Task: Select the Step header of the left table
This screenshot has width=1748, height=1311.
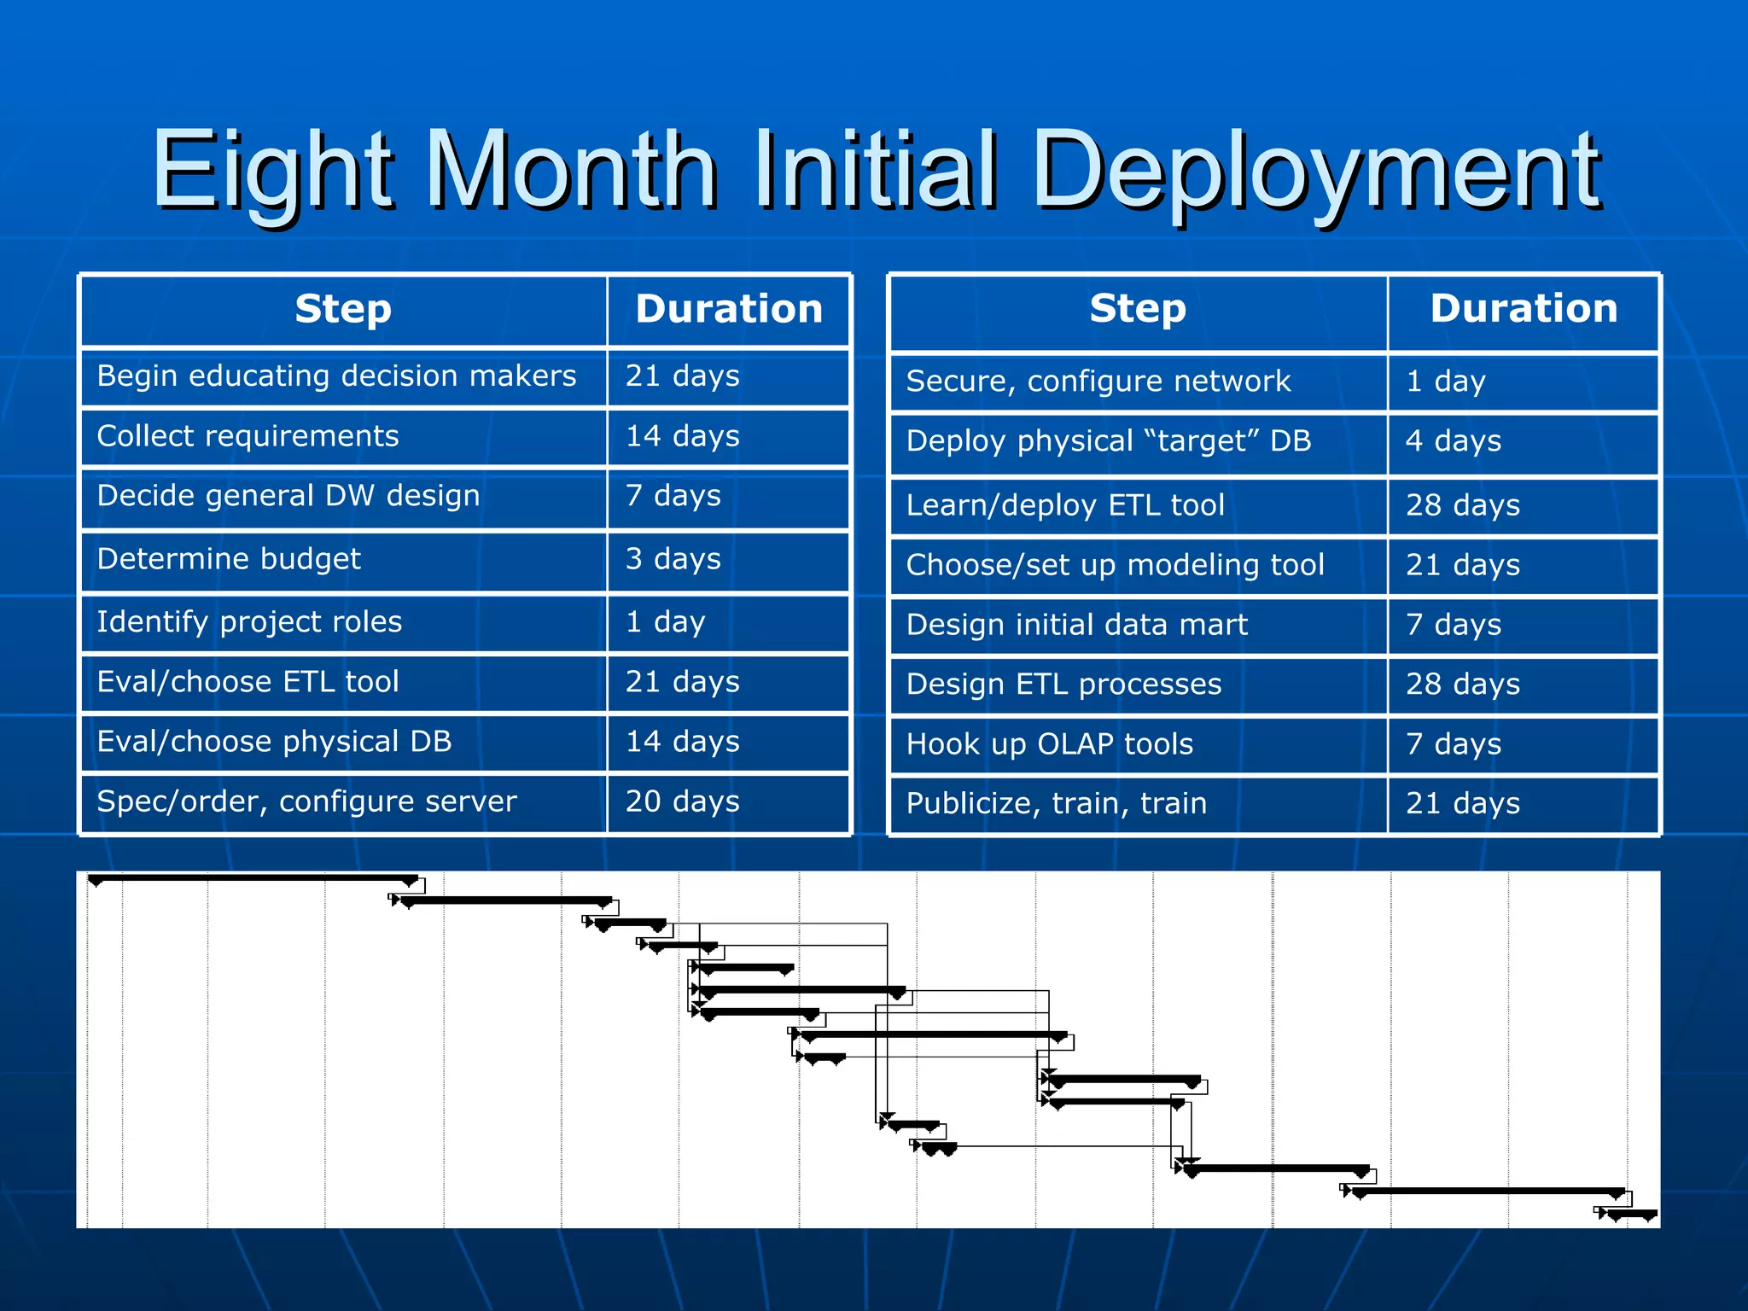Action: pos(343,309)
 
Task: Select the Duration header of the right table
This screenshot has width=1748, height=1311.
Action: pos(1524,309)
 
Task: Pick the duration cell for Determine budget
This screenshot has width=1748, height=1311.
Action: pos(727,559)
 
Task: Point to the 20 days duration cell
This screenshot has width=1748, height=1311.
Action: pos(727,801)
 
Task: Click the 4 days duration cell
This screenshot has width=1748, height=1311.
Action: pos(1523,441)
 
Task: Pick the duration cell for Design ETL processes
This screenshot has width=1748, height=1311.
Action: pos(1523,685)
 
